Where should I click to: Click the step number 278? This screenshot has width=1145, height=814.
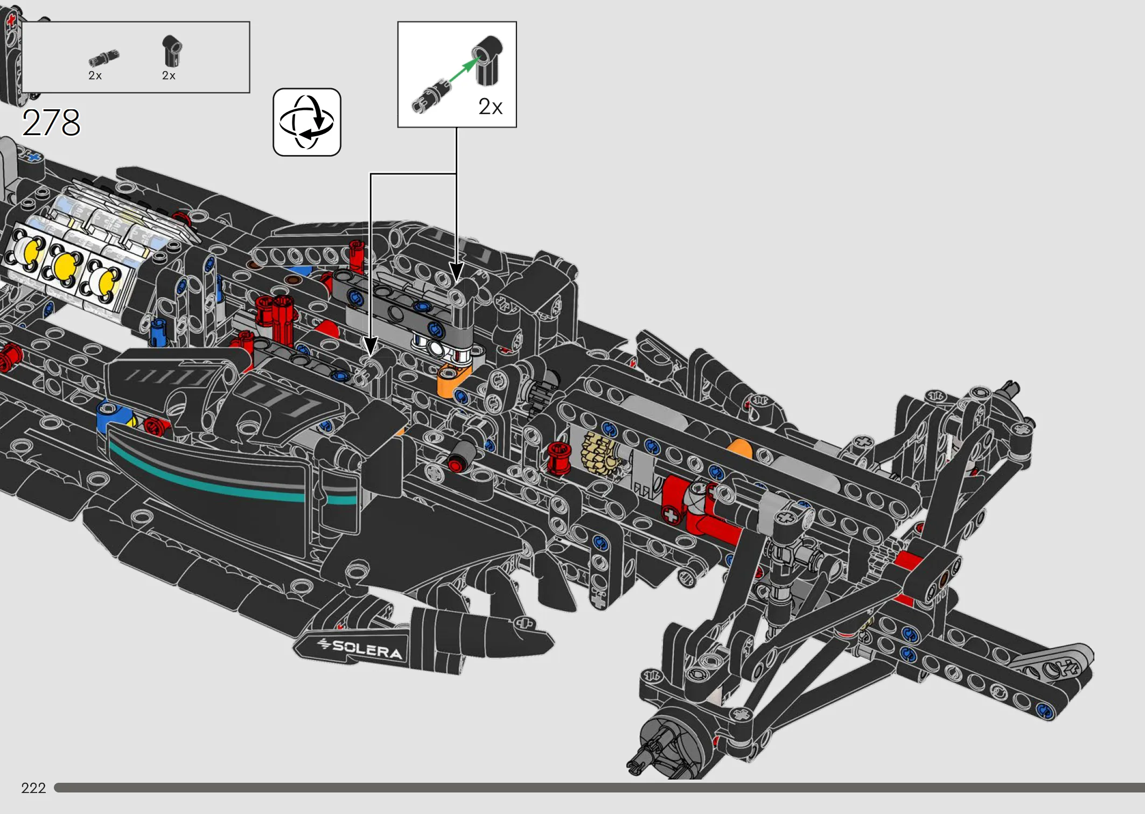[x=51, y=123]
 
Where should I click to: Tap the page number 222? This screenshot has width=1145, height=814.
[x=33, y=788]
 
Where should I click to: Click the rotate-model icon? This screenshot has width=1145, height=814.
[x=307, y=122]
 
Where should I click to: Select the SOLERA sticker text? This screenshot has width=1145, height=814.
[x=367, y=649]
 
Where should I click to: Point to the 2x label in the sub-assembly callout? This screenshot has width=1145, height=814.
[x=491, y=107]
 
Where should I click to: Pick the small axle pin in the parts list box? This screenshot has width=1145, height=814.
[x=103, y=57]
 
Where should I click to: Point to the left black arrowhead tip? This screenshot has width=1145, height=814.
[x=370, y=356]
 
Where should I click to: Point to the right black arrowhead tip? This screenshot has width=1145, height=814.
[x=456, y=282]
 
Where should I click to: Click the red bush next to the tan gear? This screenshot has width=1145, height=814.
[x=558, y=458]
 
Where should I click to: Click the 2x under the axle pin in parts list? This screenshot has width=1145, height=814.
[x=95, y=76]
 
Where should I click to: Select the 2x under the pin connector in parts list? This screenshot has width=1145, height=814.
[x=169, y=76]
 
